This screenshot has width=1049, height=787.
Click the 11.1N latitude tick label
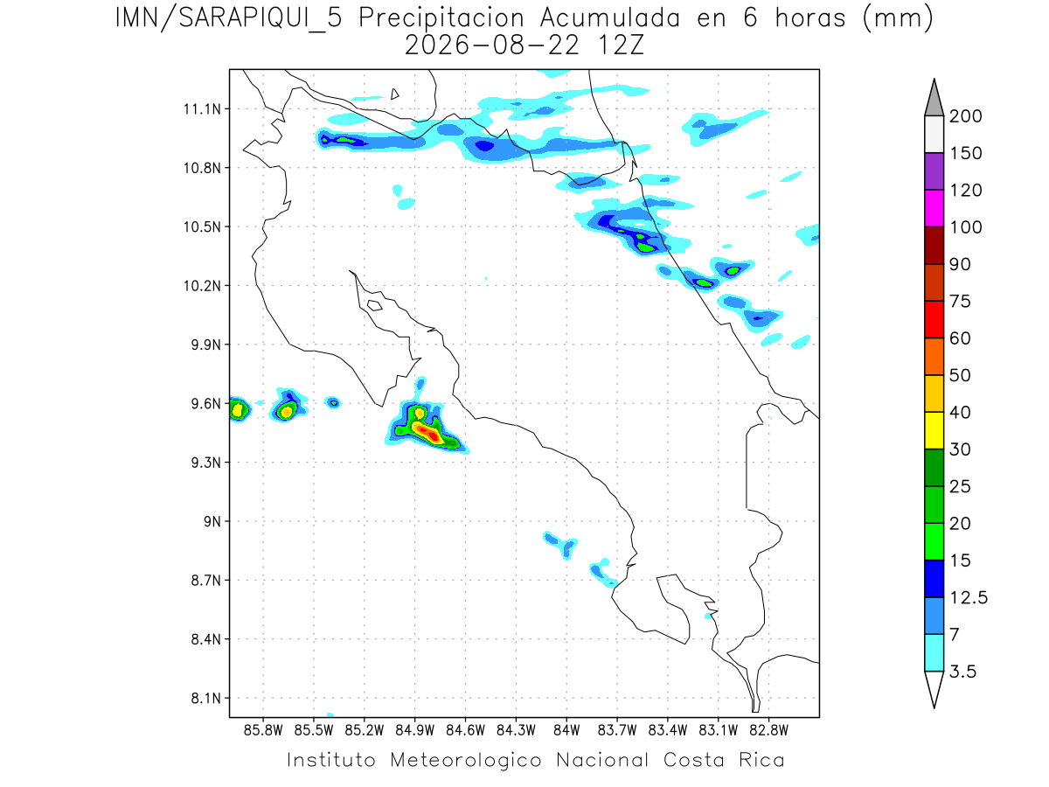pos(203,109)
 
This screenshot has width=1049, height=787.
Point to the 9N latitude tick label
pos(212,521)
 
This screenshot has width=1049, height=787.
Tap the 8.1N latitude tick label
pos(206,698)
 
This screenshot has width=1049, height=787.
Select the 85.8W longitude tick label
pos(263,731)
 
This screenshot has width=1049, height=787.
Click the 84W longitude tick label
pos(566,731)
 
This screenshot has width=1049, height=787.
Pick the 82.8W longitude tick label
pos(768,731)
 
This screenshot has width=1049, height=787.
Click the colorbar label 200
pos(965,116)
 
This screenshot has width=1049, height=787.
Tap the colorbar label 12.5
pos(969,597)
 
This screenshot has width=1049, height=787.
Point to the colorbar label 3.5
pos(962,672)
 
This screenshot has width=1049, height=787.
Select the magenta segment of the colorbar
pos(934,208)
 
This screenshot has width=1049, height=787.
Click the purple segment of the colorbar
pos(934,171)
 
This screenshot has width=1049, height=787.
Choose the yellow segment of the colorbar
pos(934,430)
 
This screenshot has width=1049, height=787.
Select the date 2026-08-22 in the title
pos(492,45)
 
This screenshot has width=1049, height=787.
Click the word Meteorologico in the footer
pos(465,760)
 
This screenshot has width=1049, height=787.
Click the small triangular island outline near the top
pos(394,94)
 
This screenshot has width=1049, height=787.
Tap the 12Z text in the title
pos(621,45)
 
